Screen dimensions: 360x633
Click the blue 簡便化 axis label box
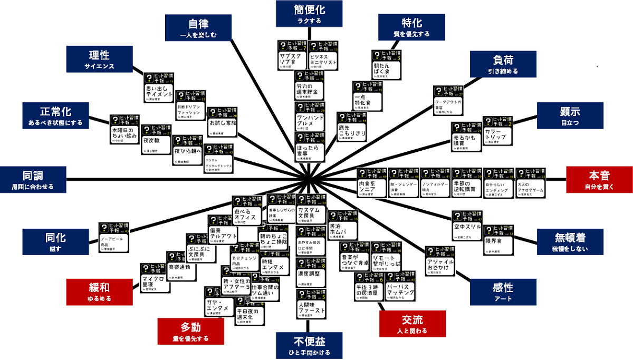click(302, 14)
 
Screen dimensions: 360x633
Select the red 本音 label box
click(599, 179)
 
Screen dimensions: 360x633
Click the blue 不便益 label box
click(302, 346)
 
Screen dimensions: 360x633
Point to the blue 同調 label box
click(33, 179)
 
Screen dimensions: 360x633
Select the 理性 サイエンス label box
click(99, 59)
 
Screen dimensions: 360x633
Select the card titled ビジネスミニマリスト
click(323, 55)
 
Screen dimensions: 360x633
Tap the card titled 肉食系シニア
click(371, 183)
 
